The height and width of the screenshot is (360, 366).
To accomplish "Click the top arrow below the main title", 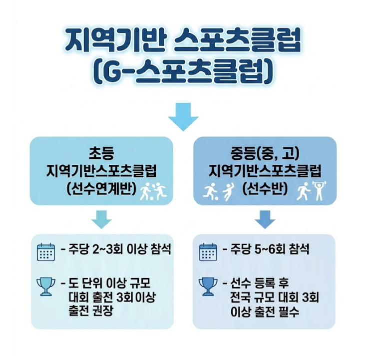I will tap(183, 116).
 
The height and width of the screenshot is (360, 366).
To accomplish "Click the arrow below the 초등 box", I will tap(101, 218).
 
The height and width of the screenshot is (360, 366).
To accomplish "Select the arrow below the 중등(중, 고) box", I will tap(265, 218).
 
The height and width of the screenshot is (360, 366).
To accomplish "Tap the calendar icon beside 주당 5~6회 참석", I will tap(207, 252).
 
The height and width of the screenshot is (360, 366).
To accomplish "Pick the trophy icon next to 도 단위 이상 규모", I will tap(45, 286).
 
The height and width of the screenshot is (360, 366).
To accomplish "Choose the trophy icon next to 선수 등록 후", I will tap(207, 286).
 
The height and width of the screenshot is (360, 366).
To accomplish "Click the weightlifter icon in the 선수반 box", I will tap(318, 191).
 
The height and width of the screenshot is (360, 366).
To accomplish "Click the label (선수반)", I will tap(265, 189).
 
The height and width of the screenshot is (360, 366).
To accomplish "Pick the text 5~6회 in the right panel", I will tap(272, 250).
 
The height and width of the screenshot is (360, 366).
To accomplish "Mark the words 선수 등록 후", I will tap(258, 284).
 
